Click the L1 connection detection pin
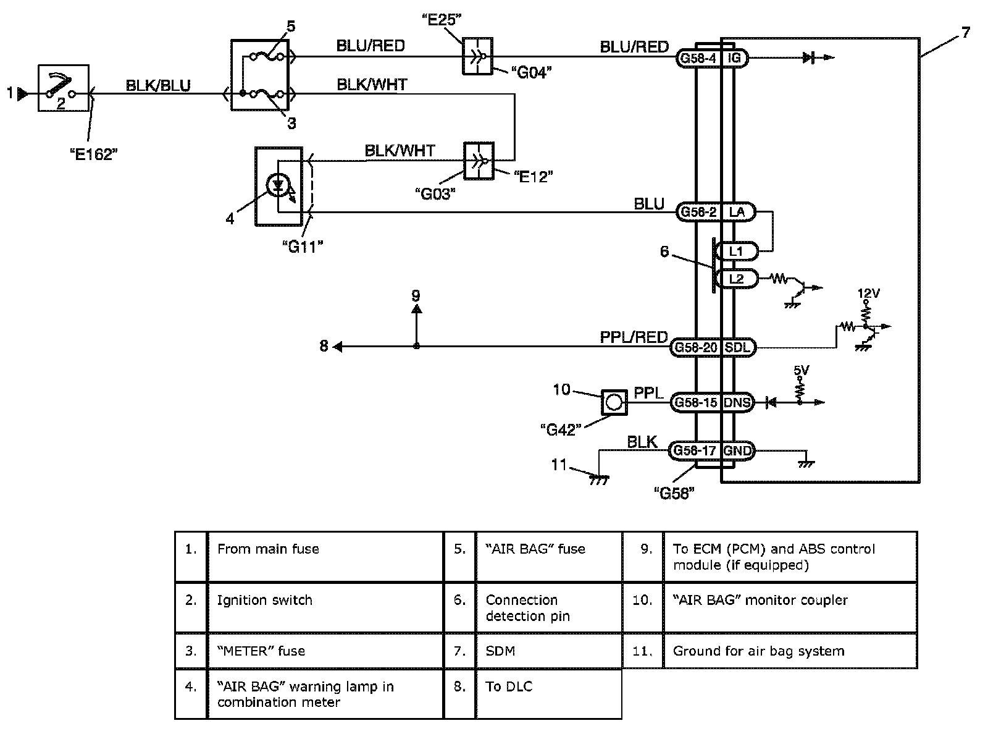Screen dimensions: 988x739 click(736, 251)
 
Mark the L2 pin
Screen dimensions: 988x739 click(736, 279)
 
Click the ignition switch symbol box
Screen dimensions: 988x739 click(64, 88)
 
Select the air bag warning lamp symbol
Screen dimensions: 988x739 click(278, 185)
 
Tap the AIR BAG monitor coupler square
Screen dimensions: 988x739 click(614, 402)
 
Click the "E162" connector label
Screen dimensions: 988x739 click(94, 154)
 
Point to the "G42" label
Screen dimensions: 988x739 click(561, 429)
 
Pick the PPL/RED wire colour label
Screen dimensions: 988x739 click(634, 337)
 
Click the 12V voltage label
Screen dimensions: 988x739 click(868, 293)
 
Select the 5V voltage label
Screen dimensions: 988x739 click(801, 371)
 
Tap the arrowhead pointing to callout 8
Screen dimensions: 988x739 click(338, 346)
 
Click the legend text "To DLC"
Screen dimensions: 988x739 click(509, 686)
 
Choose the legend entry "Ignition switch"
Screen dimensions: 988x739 click(265, 601)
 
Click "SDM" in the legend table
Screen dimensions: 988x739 click(500, 651)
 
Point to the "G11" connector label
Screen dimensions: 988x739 click(303, 247)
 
